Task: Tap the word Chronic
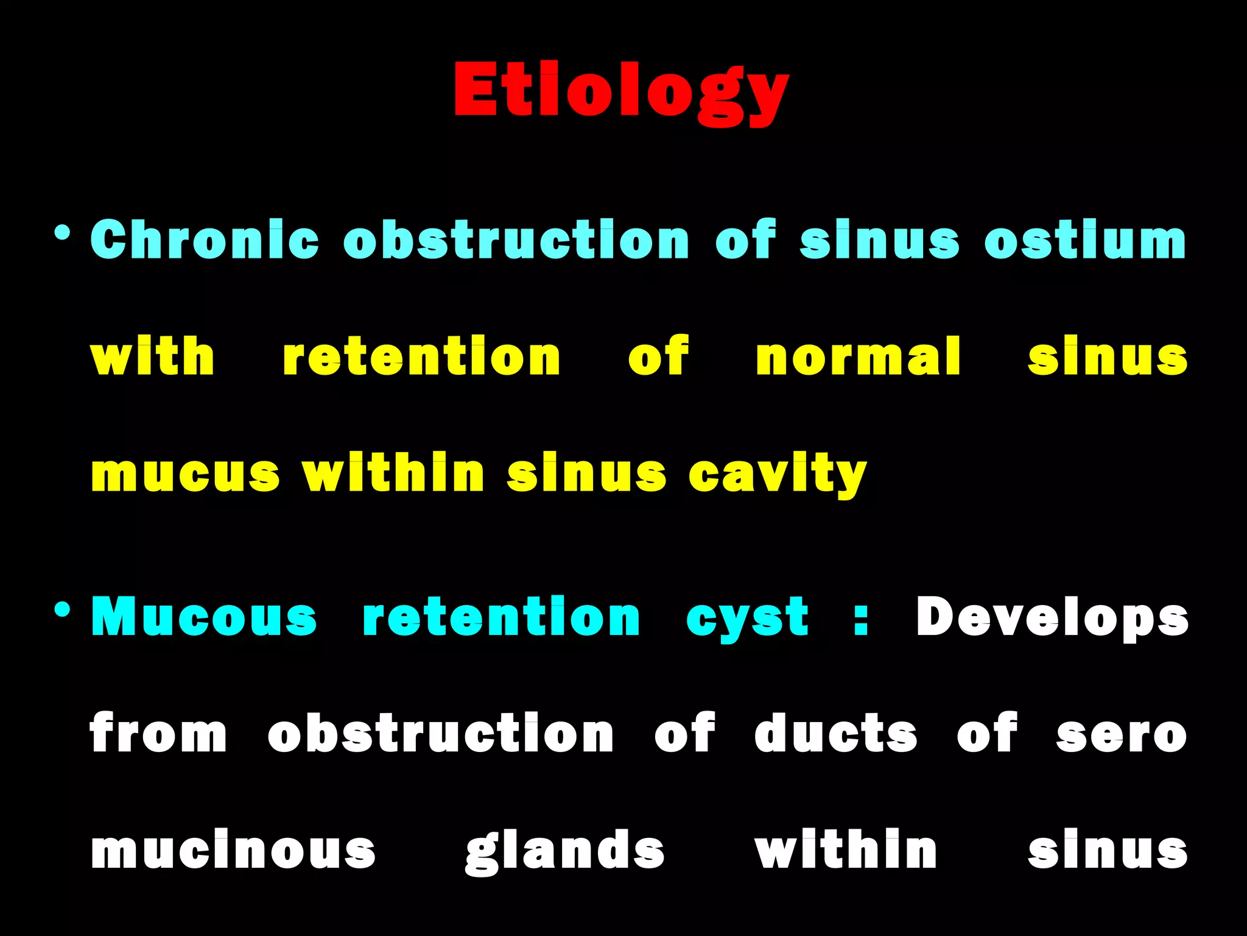coord(205,239)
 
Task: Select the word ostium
coord(1085,239)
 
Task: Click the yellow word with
coord(152,356)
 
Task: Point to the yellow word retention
coord(421,356)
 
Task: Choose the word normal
coord(859,356)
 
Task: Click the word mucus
coord(185,474)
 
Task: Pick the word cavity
coord(778,474)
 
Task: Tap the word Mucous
coord(204,617)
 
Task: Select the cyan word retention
coord(501,617)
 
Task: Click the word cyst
coord(747,617)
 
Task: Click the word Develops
coord(1052,617)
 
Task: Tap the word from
coord(158,734)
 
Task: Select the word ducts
coord(835,734)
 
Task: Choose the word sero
coord(1122,734)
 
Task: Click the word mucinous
coord(233,851)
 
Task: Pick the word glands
coord(565,851)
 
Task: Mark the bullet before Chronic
coord(62,233)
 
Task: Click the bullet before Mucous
coord(62,609)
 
